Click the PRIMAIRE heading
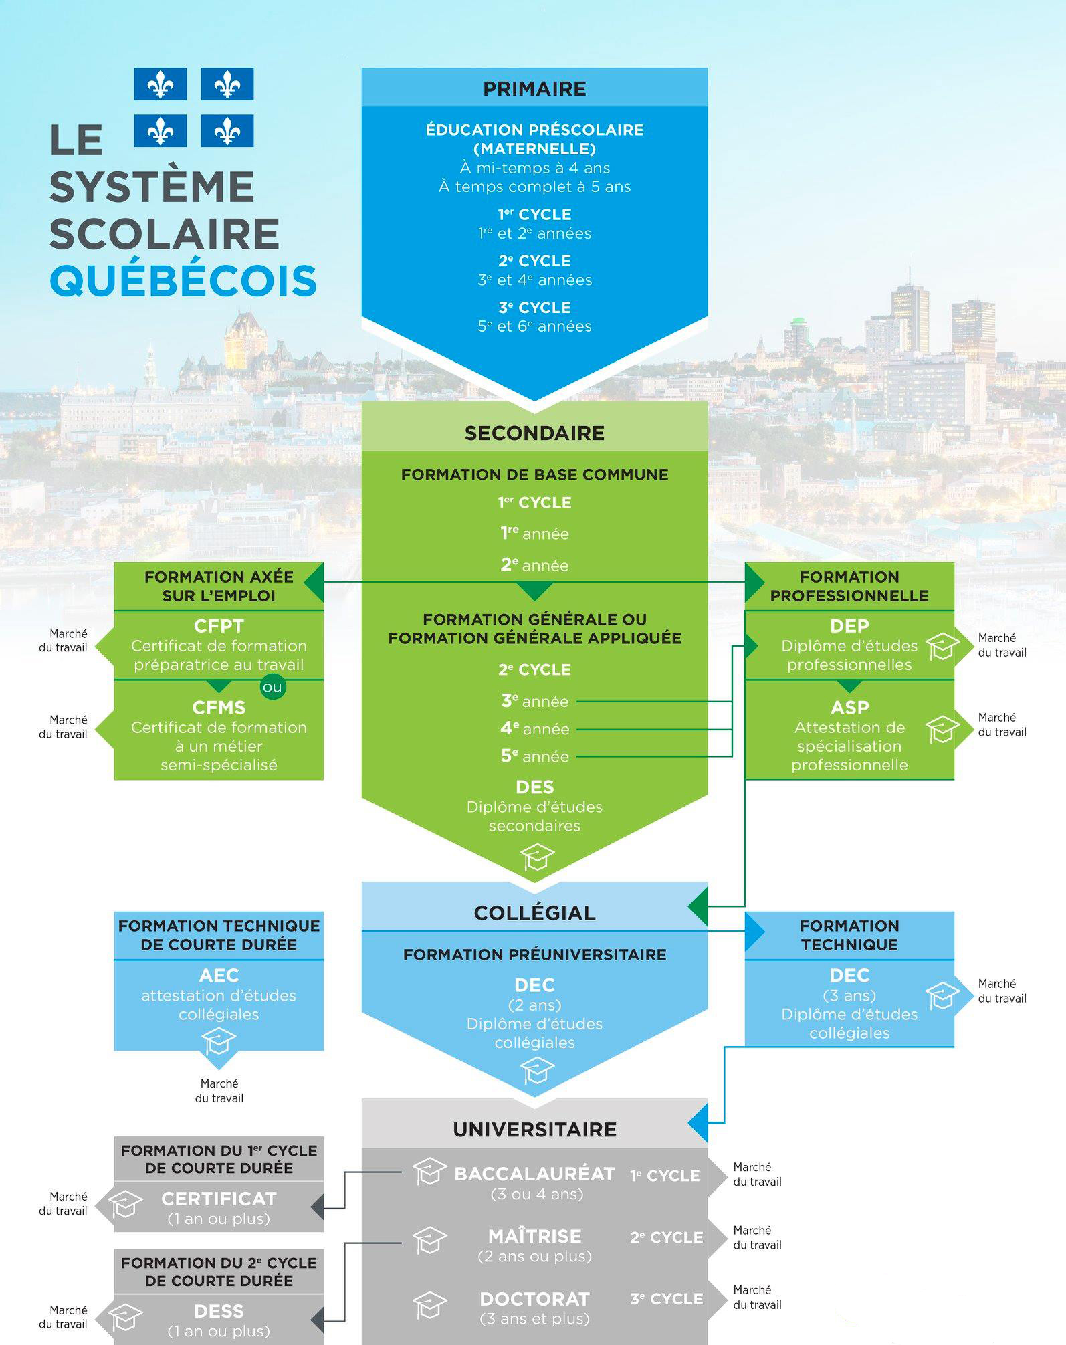pos(534,89)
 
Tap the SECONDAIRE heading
pos(534,433)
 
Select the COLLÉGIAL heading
pos(534,913)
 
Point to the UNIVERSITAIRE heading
pos(534,1130)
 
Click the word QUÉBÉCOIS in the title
pos(183,281)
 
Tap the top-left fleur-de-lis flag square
pos(160,84)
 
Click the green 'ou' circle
pos(273,687)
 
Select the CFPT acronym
pos(219,627)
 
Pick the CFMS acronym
pos(219,708)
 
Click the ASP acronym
pos(849,708)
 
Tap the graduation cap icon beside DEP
pos(942,647)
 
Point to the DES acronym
pos(534,787)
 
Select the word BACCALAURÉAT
pos(534,1174)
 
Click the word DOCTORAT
pos(534,1299)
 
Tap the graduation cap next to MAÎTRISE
pos(429,1241)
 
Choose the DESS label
pos(219,1311)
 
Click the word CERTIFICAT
pos(219,1199)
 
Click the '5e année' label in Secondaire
pos(534,756)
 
